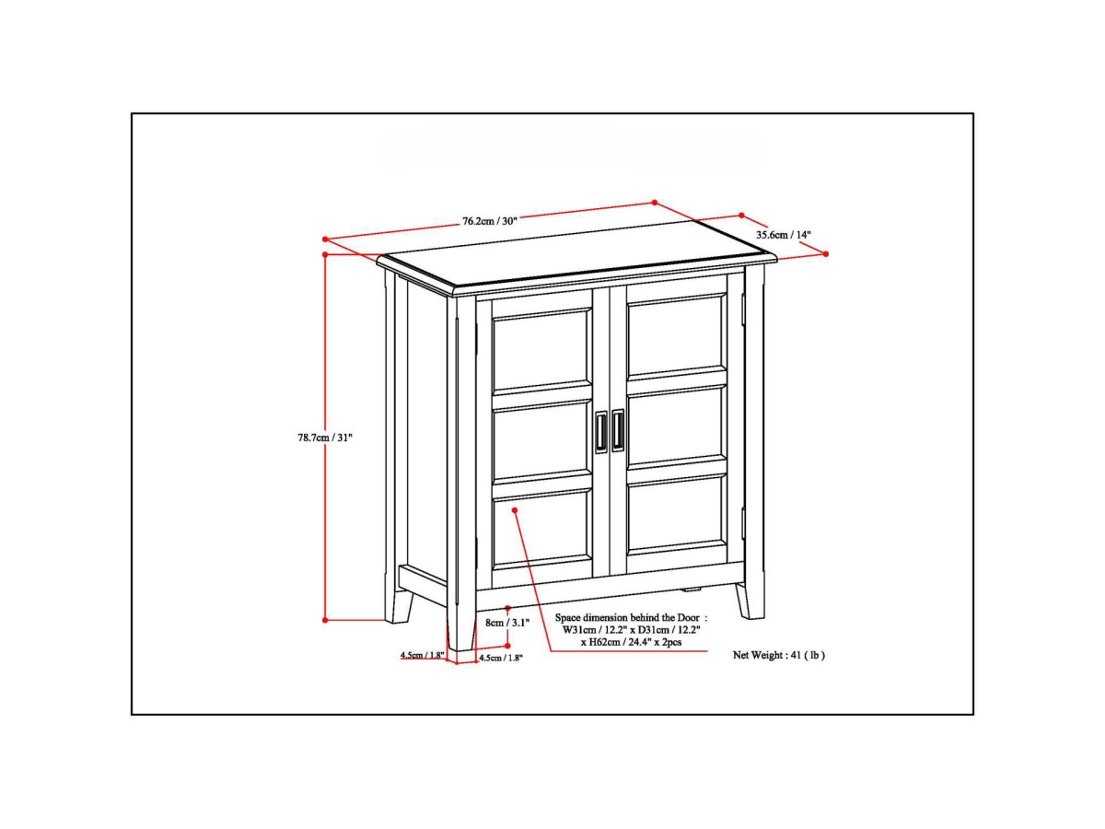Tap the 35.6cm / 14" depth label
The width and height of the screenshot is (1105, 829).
[784, 235]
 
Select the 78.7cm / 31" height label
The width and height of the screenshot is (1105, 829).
[319, 438]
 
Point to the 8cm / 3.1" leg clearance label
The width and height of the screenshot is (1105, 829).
[508, 623]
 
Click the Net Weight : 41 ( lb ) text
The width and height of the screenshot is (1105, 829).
[778, 656]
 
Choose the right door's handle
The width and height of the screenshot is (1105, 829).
[618, 430]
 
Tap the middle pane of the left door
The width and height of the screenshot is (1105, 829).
[541, 438]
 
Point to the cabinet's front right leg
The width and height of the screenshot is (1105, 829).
[750, 599]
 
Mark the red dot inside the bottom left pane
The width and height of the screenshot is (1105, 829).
[515, 508]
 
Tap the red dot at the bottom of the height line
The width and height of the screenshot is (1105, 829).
[326, 620]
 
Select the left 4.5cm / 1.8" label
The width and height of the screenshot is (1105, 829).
[422, 656]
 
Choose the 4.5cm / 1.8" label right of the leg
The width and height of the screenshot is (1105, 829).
[501, 658]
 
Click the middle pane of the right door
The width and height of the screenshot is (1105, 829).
[677, 425]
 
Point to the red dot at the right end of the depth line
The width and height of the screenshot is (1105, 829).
[826, 253]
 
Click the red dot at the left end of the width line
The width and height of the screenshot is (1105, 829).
[325, 239]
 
